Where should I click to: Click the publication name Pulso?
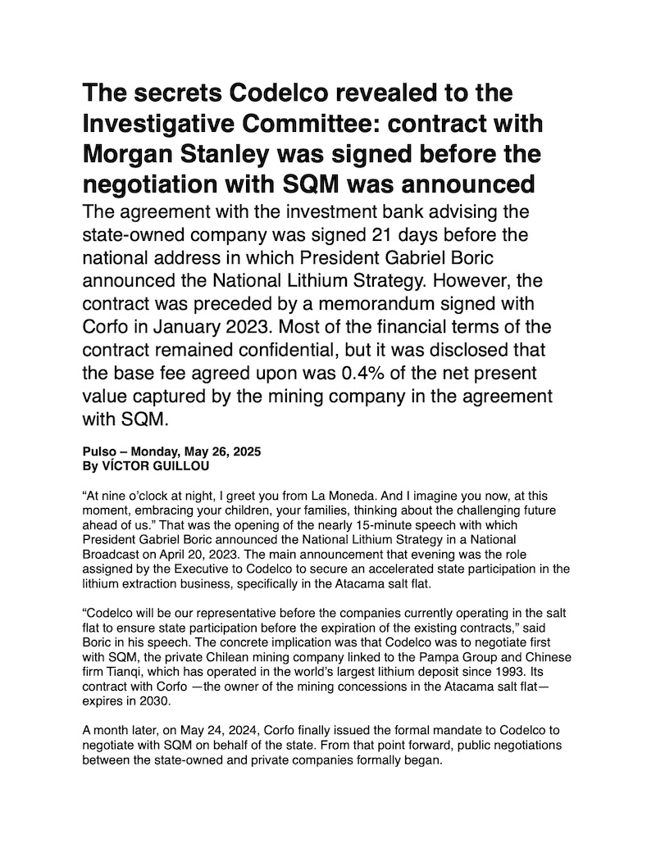click(x=98, y=452)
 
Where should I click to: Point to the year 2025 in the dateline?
click(x=244, y=452)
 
